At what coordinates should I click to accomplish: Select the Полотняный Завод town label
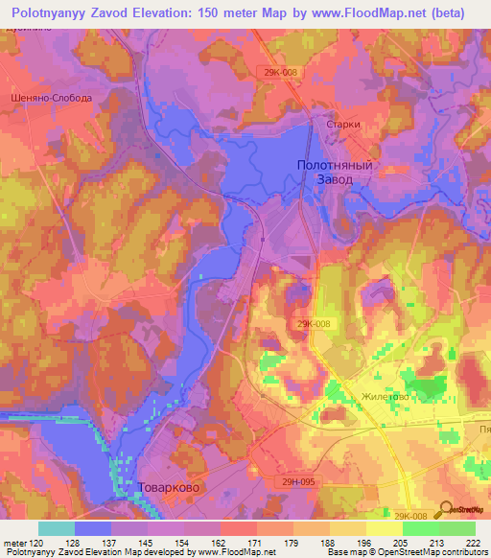click(333, 173)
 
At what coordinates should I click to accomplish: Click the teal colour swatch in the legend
click(57, 528)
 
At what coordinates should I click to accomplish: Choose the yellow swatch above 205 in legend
click(385, 528)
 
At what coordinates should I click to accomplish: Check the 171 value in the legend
click(239, 543)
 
